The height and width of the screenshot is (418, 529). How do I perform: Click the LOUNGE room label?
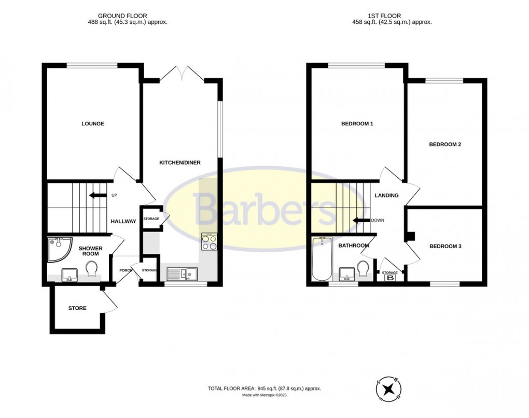pyautogui.click(x=93, y=124)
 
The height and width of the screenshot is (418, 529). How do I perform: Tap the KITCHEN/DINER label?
pyautogui.click(x=179, y=163)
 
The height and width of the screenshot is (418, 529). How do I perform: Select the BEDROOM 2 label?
pyautogui.click(x=444, y=145)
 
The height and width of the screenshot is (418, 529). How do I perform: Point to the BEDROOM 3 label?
pyautogui.click(x=445, y=247)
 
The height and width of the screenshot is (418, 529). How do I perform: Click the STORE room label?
pyautogui.click(x=77, y=308)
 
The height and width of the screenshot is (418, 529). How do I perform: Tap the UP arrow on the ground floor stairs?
pyautogui.click(x=96, y=195)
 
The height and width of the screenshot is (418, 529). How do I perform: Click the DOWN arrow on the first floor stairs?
pyautogui.click(x=360, y=220)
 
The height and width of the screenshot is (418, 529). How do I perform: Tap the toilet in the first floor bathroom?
pyautogui.click(x=363, y=269)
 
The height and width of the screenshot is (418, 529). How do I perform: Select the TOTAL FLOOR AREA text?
pyautogui.click(x=264, y=388)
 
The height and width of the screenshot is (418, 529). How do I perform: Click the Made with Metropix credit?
pyautogui.click(x=264, y=396)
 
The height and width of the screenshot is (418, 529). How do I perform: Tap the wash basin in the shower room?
pyautogui.click(x=68, y=274)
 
